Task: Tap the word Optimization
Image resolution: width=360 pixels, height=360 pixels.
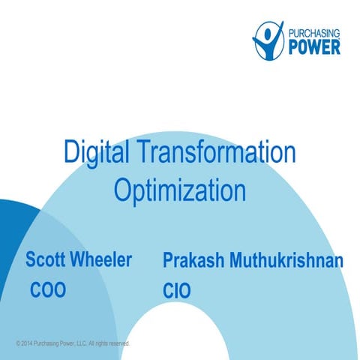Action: click(x=180, y=190)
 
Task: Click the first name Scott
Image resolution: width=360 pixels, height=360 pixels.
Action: click(x=46, y=260)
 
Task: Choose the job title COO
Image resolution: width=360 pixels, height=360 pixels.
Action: click(x=48, y=290)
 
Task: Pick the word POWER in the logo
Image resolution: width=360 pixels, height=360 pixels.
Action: click(x=314, y=46)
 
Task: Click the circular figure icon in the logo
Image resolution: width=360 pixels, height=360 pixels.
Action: click(x=267, y=38)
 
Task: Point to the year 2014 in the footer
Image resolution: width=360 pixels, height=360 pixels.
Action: click(x=26, y=343)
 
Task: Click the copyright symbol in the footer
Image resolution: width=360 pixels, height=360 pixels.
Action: click(x=17, y=343)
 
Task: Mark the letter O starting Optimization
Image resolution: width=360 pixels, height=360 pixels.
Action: click(x=122, y=190)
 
